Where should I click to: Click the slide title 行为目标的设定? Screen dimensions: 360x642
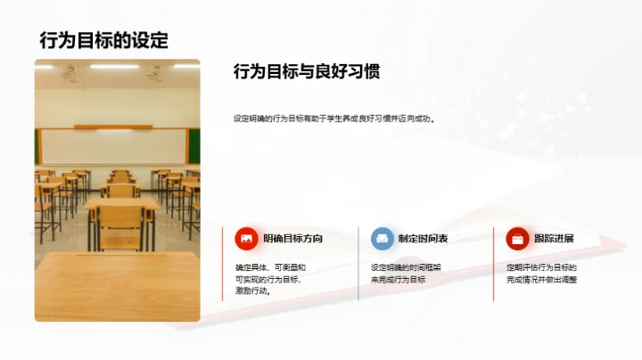(103, 40)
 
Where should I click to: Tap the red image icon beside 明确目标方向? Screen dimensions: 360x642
(245, 239)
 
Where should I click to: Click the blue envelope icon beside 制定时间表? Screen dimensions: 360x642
(382, 239)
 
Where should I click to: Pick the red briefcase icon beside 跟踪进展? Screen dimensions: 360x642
(517, 239)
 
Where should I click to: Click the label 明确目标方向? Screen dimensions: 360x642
(293, 239)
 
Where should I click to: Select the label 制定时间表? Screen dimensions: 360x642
(424, 239)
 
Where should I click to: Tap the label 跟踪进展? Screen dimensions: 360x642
(554, 239)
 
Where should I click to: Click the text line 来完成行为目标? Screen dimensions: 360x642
(398, 279)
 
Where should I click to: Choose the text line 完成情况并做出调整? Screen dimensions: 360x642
(541, 279)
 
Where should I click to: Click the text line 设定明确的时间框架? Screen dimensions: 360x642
(406, 267)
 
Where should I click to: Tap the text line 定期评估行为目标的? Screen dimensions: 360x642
(541, 267)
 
